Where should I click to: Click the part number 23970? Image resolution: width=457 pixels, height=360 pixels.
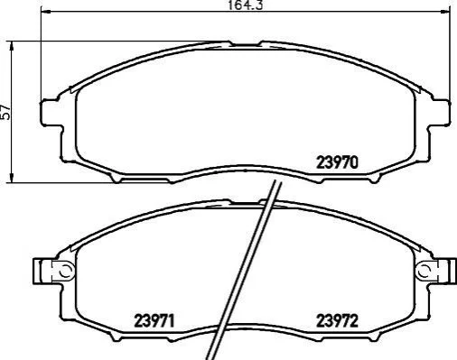tap(337, 162)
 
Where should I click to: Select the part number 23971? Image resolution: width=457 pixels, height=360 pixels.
tap(154, 321)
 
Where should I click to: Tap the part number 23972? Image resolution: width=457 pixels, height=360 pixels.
tap(337, 321)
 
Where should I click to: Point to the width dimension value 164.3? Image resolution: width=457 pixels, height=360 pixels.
tap(245, 5)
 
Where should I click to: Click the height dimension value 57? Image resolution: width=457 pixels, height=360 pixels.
tap(5, 112)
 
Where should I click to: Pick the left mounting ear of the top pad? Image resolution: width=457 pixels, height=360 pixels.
tap(51, 112)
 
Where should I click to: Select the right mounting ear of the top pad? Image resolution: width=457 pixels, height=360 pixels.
tap(440, 112)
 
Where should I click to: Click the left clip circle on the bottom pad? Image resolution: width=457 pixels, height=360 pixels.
tap(66, 271)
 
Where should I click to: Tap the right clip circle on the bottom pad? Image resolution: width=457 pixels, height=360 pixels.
tap(424, 271)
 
